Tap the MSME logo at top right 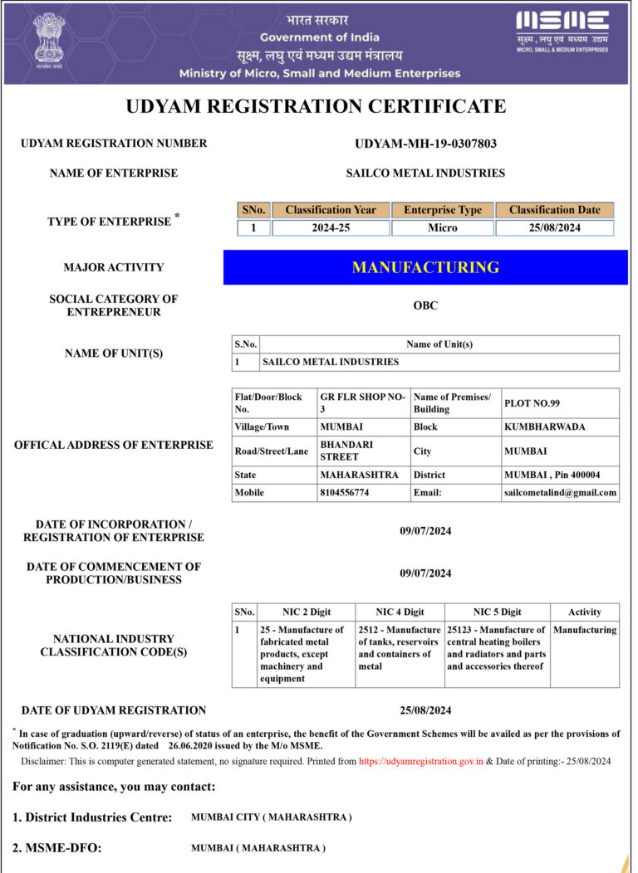coord(562,32)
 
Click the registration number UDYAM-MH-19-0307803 coord(425,144)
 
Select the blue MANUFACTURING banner coord(425,267)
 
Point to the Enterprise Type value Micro coord(442,228)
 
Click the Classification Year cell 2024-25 coord(331,228)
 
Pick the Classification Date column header coord(554,210)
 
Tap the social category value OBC coord(425,305)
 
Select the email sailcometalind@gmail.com coord(560,492)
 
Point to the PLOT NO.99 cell coord(532,403)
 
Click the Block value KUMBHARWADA coord(544,427)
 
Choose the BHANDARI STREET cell coord(347,451)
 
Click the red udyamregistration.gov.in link coord(421,761)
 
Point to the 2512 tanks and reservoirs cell coord(400,648)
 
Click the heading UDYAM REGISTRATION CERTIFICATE coord(316,106)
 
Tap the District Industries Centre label coord(92,817)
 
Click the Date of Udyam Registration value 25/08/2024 coord(425,710)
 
